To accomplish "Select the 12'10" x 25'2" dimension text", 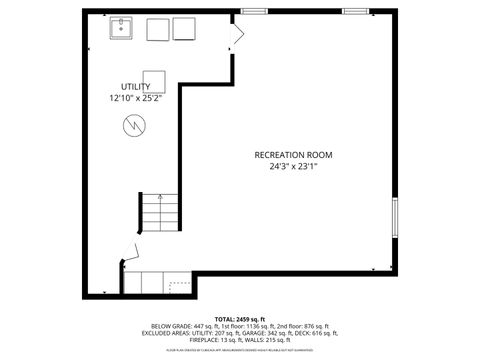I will pyautogui.click(x=136, y=99).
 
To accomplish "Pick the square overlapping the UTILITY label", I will pyautogui.click(x=154, y=81).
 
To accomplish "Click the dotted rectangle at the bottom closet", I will pyautogui.click(x=180, y=286).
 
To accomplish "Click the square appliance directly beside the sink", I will pyautogui.click(x=158, y=30).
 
